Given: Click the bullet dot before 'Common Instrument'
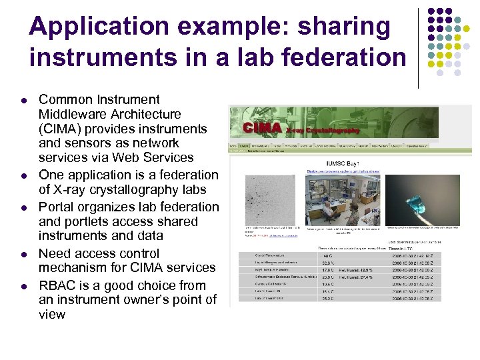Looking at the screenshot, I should point(23,101).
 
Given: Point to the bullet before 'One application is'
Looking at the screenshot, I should point(23,175).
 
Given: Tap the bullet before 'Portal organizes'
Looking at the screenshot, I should point(23,207).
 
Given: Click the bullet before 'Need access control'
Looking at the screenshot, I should point(23,254).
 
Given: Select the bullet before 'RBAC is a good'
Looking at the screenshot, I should point(23,286).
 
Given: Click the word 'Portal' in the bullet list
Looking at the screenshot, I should point(58,207).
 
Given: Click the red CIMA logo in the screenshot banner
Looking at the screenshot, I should point(261,127).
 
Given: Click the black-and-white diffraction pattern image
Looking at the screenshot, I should point(267,197).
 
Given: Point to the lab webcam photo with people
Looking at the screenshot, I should point(341,199).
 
